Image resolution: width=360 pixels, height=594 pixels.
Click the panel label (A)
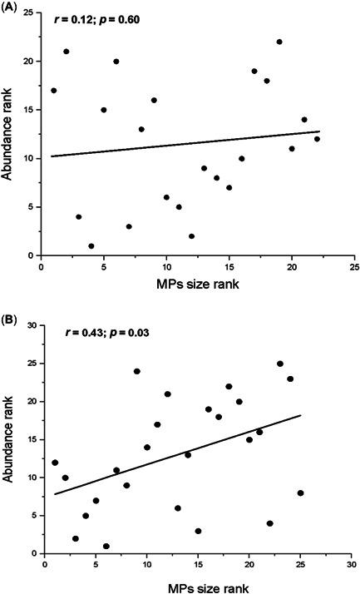coord(11,7)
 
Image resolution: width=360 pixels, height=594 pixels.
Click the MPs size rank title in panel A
coord(197,286)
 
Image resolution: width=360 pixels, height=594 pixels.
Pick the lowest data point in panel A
coord(91,245)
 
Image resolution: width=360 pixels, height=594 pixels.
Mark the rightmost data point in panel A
coord(317,139)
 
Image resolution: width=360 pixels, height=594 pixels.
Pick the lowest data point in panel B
coord(106,546)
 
